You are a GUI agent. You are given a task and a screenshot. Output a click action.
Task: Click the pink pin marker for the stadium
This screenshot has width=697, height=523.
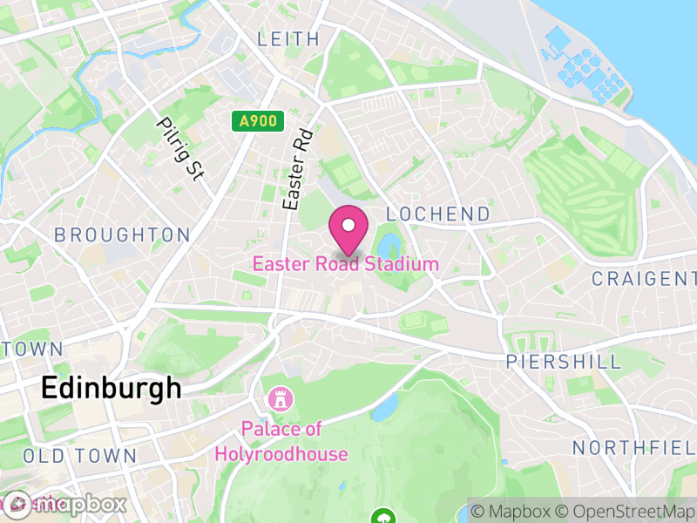click(x=348, y=229)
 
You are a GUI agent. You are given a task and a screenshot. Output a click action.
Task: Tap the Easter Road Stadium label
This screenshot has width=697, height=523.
click(x=346, y=263)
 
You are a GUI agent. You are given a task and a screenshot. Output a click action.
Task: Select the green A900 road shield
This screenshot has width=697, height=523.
click(x=259, y=122)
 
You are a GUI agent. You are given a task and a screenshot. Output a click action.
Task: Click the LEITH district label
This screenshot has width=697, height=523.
click(x=288, y=39)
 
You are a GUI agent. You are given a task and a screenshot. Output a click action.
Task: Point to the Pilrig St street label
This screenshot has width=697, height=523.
click(x=179, y=149)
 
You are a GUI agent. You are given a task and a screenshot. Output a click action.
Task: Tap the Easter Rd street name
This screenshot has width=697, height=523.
click(x=297, y=169)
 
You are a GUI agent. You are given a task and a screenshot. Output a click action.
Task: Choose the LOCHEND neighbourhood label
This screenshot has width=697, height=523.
click(x=437, y=214)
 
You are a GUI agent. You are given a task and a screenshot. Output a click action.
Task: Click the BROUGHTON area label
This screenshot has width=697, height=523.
click(x=122, y=235)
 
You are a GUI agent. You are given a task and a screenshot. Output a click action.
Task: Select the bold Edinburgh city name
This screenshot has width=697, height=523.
click(x=112, y=388)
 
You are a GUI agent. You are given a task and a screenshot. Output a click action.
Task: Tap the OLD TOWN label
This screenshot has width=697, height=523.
click(x=79, y=456)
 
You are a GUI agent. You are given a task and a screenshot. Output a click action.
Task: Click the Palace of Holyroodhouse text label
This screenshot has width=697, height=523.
click(x=282, y=441)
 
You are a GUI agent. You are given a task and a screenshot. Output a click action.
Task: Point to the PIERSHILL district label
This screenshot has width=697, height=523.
click(x=564, y=362)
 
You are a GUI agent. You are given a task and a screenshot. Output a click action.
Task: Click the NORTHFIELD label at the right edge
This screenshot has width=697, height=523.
click(x=634, y=448)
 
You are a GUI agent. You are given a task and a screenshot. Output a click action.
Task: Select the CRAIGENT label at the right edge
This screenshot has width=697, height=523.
click(x=644, y=278)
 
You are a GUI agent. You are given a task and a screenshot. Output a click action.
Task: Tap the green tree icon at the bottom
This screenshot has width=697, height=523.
click(x=382, y=517)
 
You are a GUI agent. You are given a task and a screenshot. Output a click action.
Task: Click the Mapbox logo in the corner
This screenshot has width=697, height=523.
click(x=65, y=504)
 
